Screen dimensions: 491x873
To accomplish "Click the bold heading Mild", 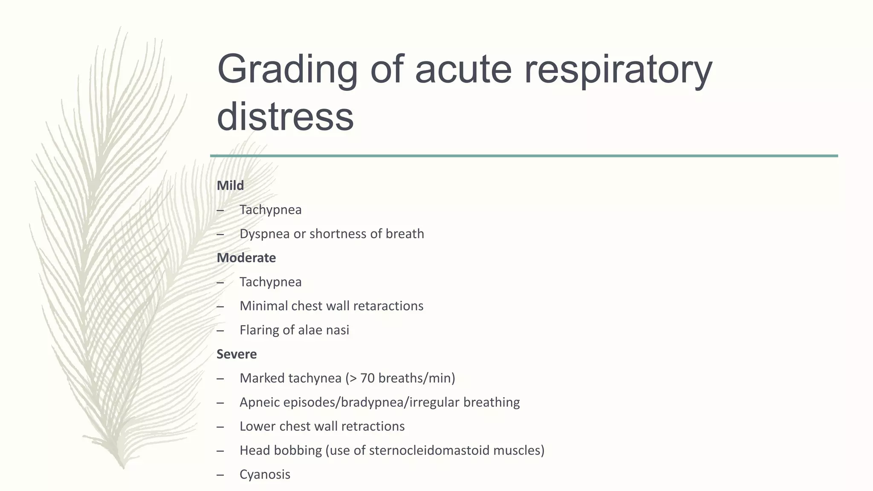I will pyautogui.click(x=230, y=185).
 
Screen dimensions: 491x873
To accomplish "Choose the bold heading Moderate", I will pyautogui.click(x=246, y=258).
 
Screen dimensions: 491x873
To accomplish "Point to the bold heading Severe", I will pyautogui.click(x=237, y=354).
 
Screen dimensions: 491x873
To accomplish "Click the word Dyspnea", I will pyautogui.click(x=264, y=234).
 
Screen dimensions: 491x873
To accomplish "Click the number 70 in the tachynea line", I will pyautogui.click(x=367, y=378).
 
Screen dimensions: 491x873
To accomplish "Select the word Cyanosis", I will pyautogui.click(x=265, y=474).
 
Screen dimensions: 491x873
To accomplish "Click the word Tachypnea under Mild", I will pyautogui.click(x=270, y=210).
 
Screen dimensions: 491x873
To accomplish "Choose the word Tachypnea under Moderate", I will pyautogui.click(x=270, y=282).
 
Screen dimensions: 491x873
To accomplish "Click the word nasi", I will pyautogui.click(x=338, y=330).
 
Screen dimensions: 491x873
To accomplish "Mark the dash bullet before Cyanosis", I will pyautogui.click(x=220, y=474).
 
